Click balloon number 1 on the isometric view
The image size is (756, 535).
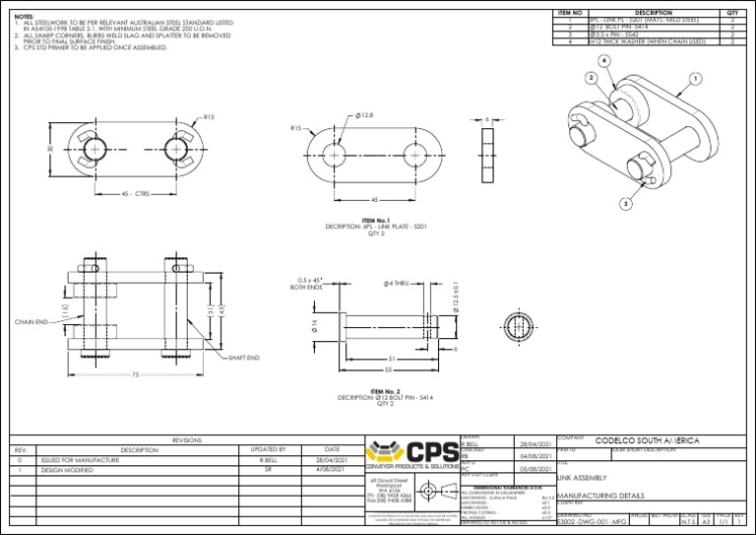point(696,78)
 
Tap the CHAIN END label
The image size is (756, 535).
point(32,321)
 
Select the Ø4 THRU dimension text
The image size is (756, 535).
point(397,284)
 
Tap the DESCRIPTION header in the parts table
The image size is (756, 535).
point(654,13)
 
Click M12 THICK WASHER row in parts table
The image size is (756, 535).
point(647,42)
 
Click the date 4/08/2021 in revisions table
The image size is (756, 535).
point(331,471)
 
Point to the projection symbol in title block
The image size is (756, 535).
point(429,491)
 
